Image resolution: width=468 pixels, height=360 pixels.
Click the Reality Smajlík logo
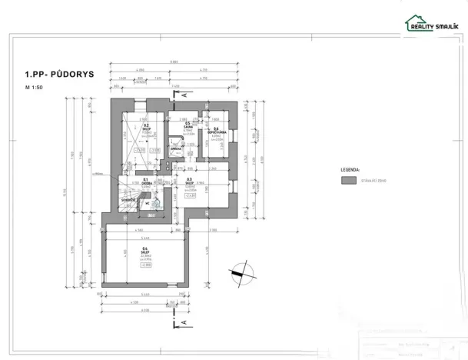433,25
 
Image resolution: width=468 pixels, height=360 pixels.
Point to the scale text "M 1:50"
36,89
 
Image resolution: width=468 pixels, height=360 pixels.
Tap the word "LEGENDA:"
350,167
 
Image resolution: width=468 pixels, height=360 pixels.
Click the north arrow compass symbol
244,272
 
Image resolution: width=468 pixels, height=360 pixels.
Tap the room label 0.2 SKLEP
146,128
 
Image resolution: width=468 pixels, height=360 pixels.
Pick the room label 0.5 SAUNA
188,126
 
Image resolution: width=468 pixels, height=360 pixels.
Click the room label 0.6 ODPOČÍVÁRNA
217,130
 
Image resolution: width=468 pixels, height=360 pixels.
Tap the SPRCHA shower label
175,148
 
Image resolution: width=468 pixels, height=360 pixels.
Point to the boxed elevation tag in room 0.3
188,196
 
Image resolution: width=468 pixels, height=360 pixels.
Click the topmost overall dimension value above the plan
176,62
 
